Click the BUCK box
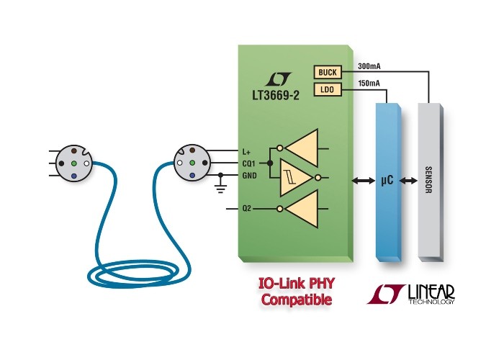click(328, 72)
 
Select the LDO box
click(328, 90)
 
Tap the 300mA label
click(369, 66)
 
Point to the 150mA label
click(369, 84)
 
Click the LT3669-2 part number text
click(276, 96)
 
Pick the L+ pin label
click(246, 152)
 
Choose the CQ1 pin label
click(249, 164)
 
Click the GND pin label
click(249, 176)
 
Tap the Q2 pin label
click(246, 209)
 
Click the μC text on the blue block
click(387, 180)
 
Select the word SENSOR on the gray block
click(428, 180)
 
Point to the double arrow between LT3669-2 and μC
click(364, 181)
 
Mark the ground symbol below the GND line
click(220, 188)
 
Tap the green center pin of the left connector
click(74, 163)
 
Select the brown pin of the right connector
click(192, 150)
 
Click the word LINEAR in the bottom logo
click(431, 292)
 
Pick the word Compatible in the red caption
click(296, 300)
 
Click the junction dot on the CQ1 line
click(270, 163)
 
